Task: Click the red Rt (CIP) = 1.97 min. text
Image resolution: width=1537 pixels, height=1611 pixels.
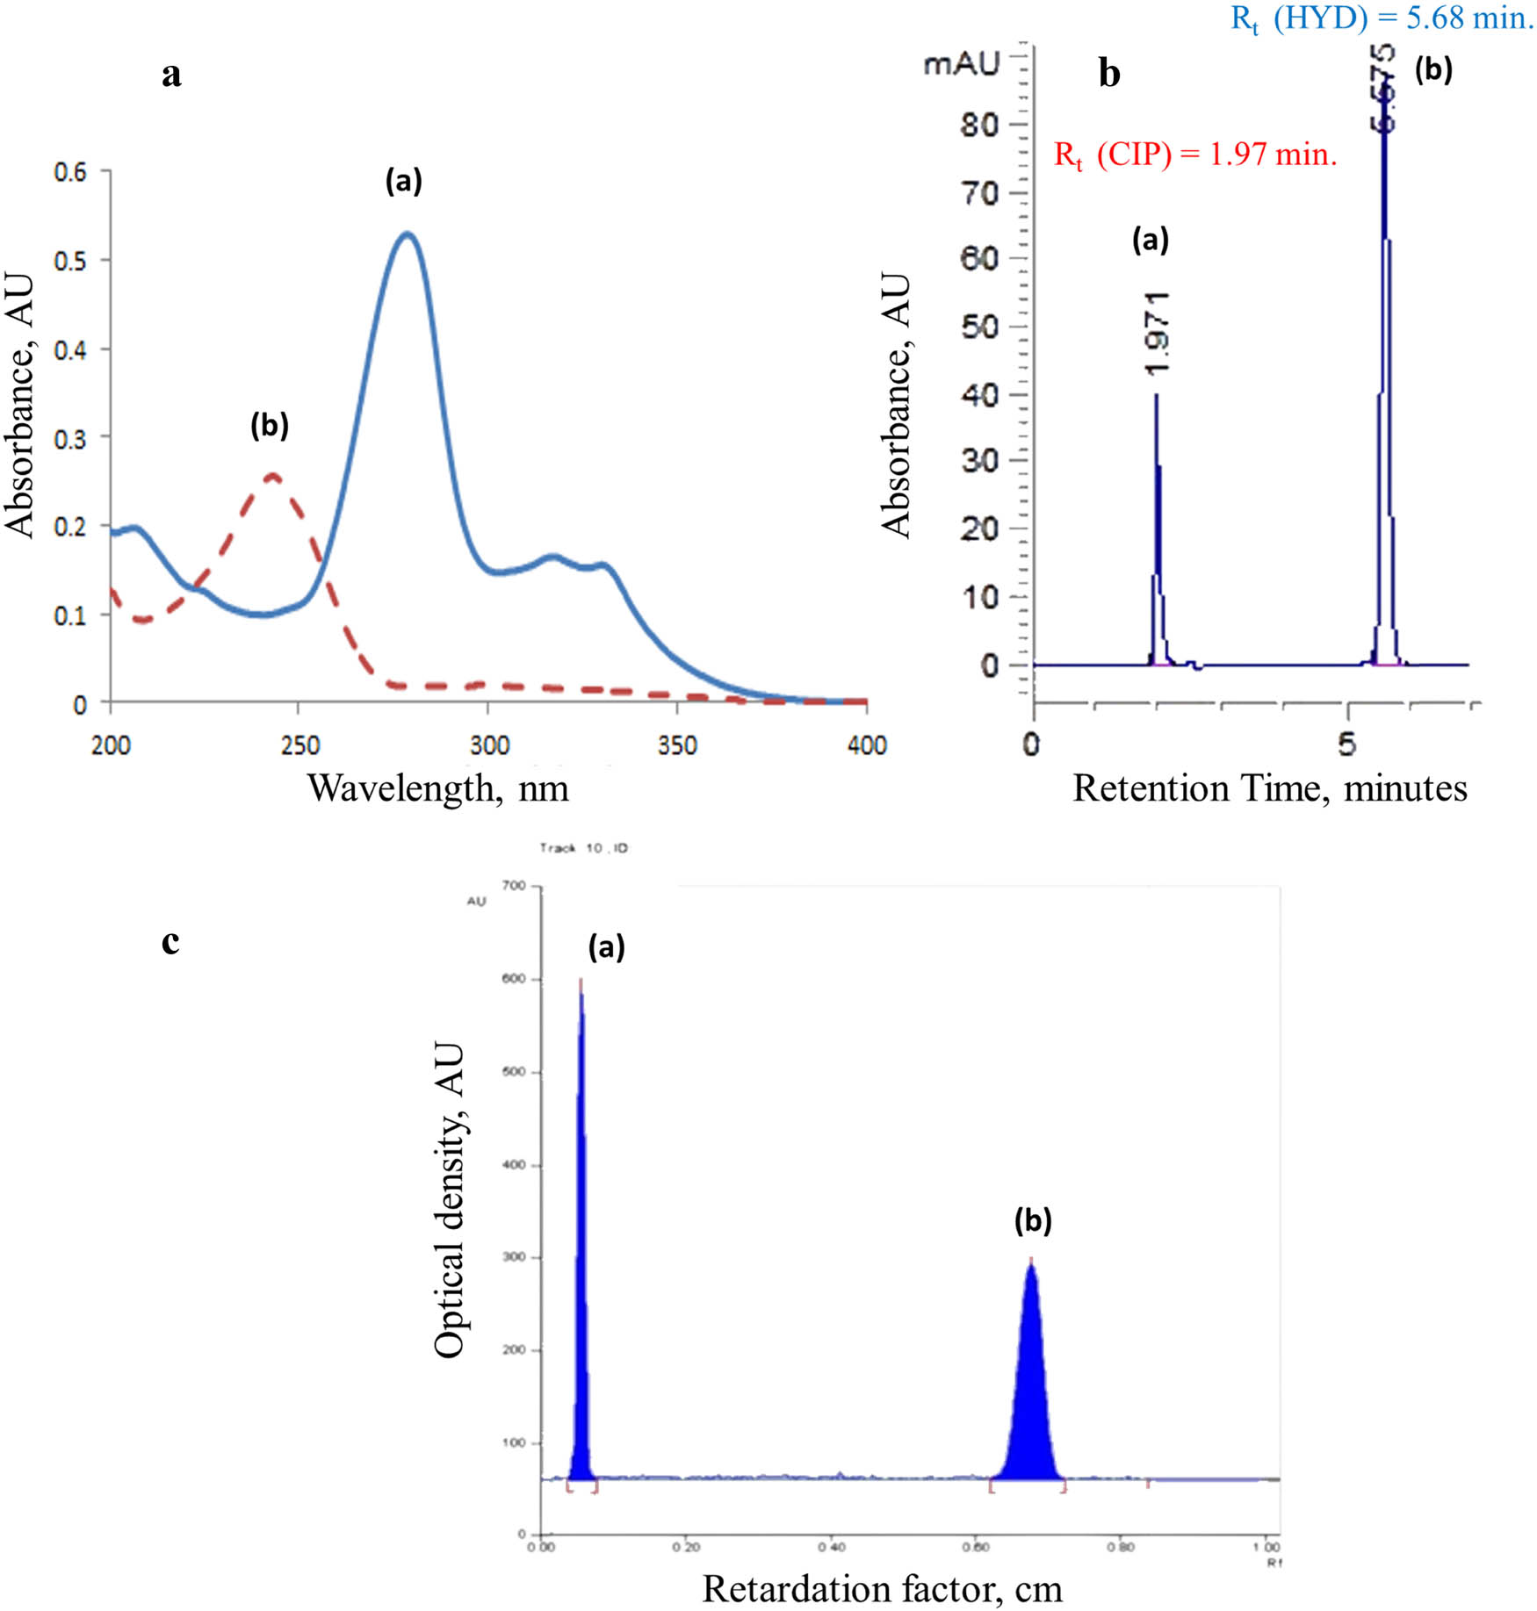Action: click(1194, 155)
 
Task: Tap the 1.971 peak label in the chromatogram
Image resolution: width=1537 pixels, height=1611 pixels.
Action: click(1158, 333)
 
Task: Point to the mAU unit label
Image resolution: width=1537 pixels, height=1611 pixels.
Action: click(962, 63)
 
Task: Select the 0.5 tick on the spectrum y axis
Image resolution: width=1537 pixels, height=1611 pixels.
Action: click(70, 261)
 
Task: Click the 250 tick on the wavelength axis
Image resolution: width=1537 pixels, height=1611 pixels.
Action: click(299, 745)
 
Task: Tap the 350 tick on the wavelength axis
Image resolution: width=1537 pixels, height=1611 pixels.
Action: click(677, 745)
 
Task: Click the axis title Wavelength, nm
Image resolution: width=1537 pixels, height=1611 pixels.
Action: click(437, 788)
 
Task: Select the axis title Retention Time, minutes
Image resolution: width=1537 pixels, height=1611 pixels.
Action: click(1269, 788)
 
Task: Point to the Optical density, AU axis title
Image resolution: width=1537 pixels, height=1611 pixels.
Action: click(449, 1200)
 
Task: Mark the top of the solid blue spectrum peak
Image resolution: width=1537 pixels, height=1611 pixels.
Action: click(407, 234)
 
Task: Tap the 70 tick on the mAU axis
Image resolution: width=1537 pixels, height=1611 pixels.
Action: click(979, 193)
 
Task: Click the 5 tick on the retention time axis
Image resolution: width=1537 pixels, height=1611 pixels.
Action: click(1346, 744)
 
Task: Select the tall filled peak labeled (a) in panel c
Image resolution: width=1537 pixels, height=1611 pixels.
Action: click(581, 1229)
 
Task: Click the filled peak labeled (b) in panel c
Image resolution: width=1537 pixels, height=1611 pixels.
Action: click(1031, 1387)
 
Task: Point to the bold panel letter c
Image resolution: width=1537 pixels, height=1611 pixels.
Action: click(170, 940)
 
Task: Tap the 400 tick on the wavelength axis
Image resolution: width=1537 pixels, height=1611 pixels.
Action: click(867, 745)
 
